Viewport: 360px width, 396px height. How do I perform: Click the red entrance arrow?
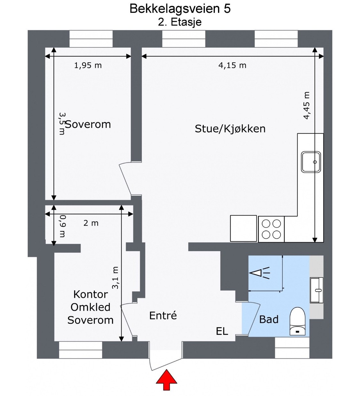166,380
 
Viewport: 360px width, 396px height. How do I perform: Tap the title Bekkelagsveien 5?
180,9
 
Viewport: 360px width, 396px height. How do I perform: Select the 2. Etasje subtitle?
180,22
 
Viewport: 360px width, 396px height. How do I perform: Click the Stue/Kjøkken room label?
230,129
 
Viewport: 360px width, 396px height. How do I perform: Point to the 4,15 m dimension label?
232,65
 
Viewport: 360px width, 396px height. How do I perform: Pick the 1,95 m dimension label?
88,65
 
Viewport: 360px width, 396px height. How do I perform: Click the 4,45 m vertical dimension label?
307,106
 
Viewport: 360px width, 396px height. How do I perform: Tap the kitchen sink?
311,162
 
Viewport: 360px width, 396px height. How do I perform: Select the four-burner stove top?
271,229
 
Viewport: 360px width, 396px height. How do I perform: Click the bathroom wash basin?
317,290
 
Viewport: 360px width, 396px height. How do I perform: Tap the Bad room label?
269,319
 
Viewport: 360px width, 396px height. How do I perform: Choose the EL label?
222,331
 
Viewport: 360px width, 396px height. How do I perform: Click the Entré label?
163,316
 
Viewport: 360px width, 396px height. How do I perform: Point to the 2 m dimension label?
91,223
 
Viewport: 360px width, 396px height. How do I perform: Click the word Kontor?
91,294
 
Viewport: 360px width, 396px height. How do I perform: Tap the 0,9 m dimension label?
63,226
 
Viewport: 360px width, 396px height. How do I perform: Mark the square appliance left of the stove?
244,228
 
